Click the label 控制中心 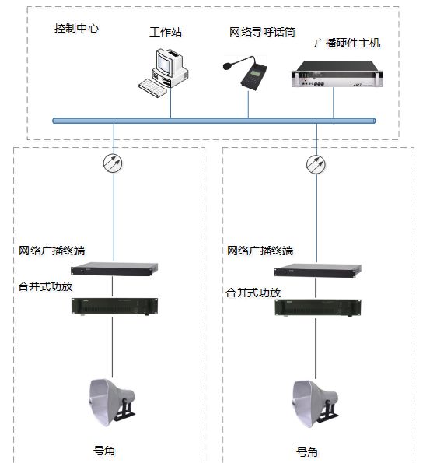[x=76, y=28]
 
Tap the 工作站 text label [x=166, y=32]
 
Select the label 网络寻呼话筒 [x=262, y=32]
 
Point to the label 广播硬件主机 [x=347, y=43]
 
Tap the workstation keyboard [x=153, y=88]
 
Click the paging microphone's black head [x=227, y=66]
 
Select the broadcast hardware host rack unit [x=337, y=74]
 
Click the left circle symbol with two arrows [x=113, y=163]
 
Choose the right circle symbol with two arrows [x=316, y=164]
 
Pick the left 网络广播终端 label [x=51, y=251]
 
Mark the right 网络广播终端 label [x=260, y=251]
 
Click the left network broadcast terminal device [x=114, y=269]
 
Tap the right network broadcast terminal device [x=317, y=270]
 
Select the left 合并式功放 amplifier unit [x=114, y=307]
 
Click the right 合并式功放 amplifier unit [x=318, y=308]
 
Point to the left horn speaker [x=111, y=403]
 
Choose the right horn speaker [x=315, y=404]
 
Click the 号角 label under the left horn [x=104, y=451]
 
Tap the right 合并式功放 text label [x=253, y=293]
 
